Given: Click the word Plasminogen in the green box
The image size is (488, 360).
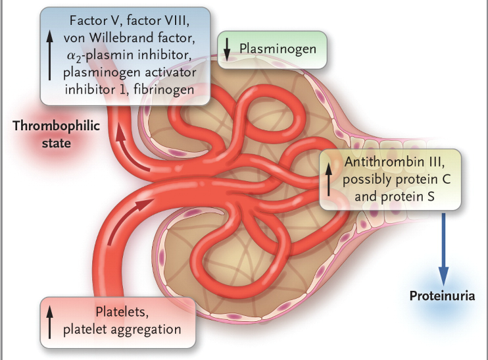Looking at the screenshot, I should click(x=278, y=49).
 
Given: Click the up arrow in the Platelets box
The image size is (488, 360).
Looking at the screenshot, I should click(x=51, y=321).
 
